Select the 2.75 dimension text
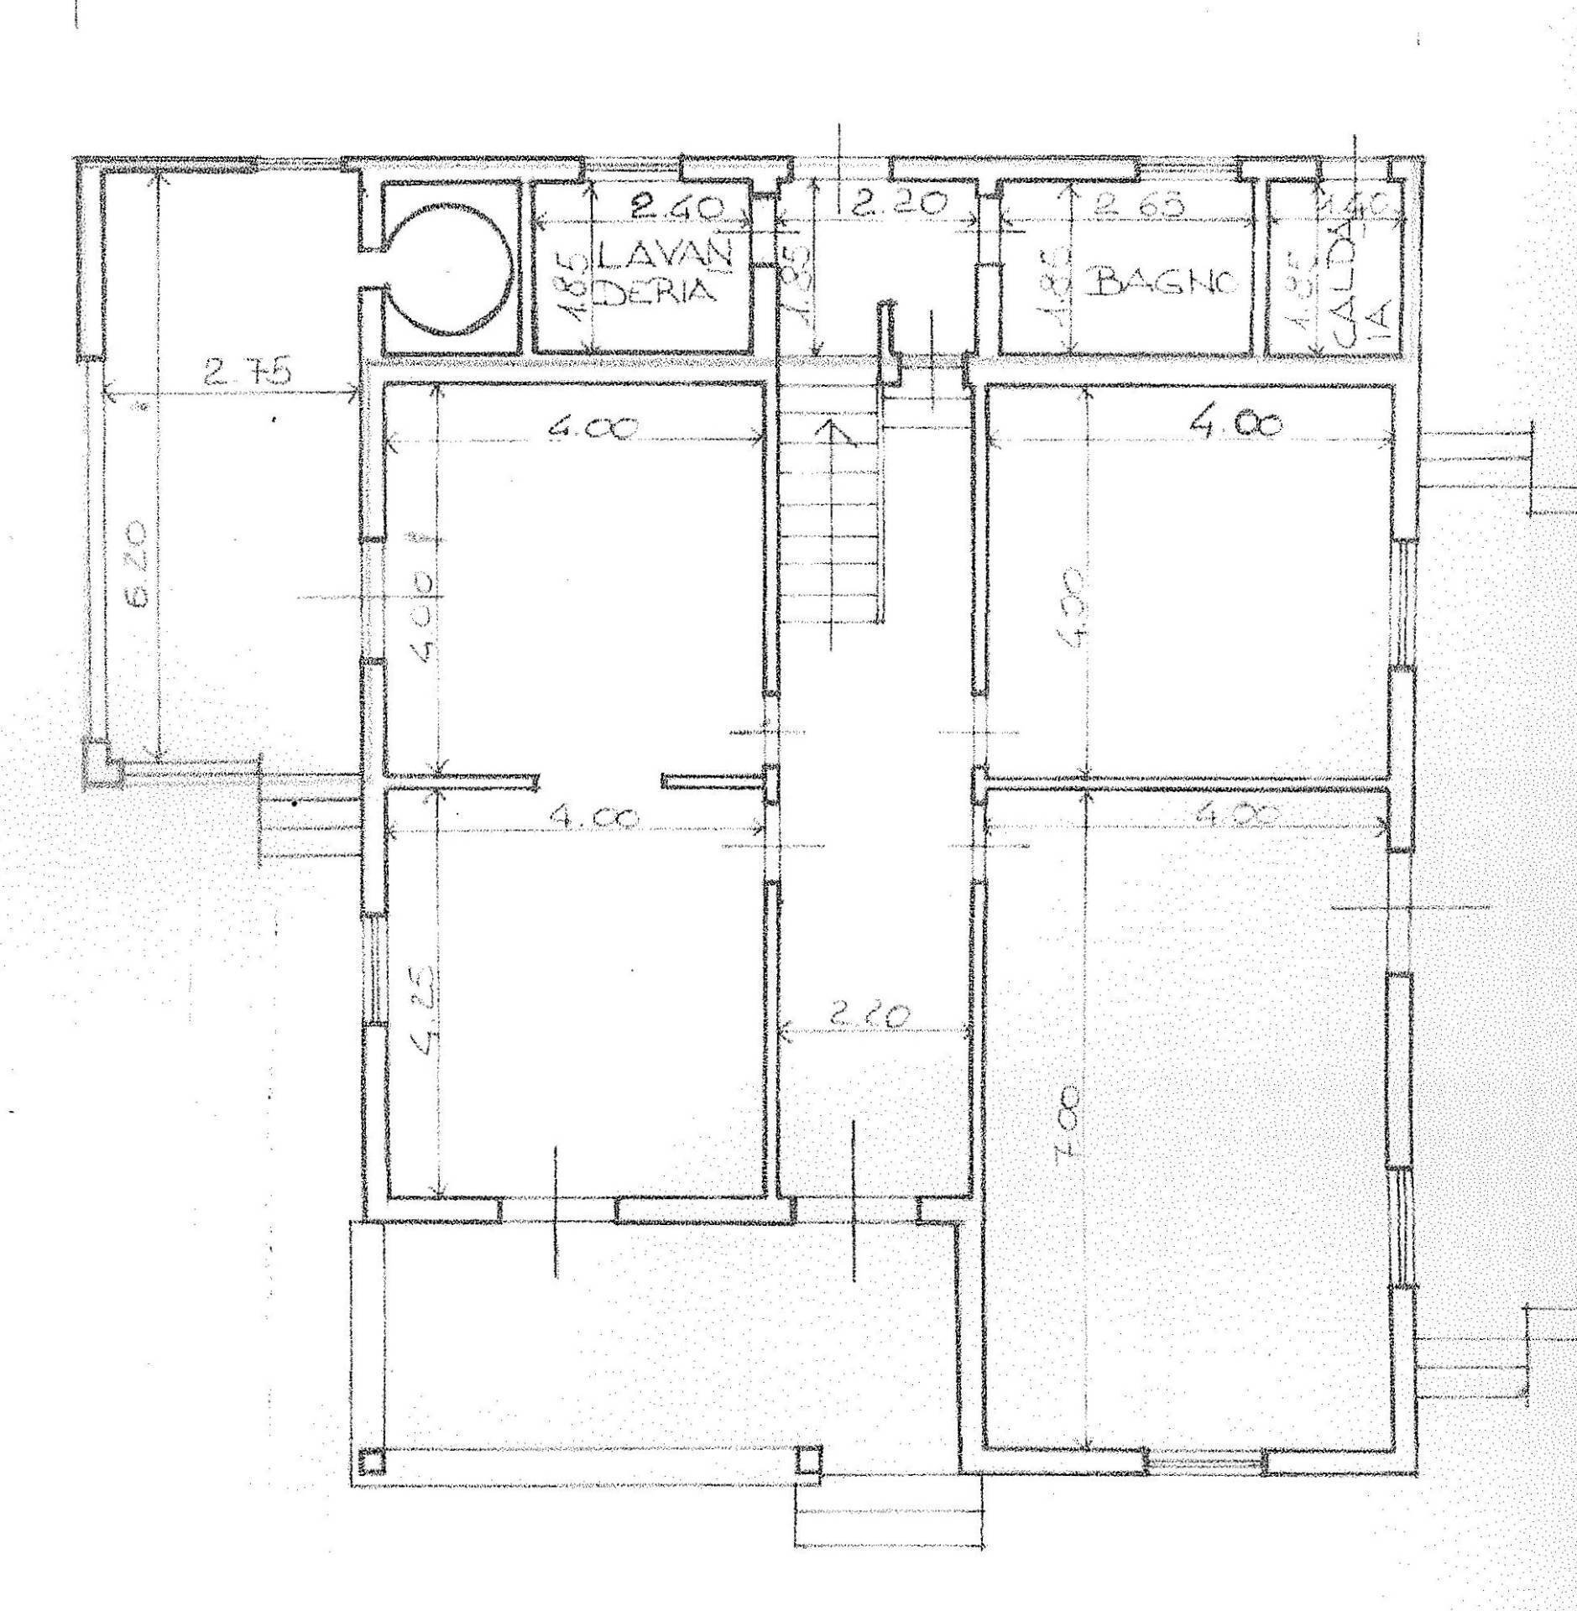click(247, 370)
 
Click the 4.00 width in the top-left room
click(593, 428)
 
